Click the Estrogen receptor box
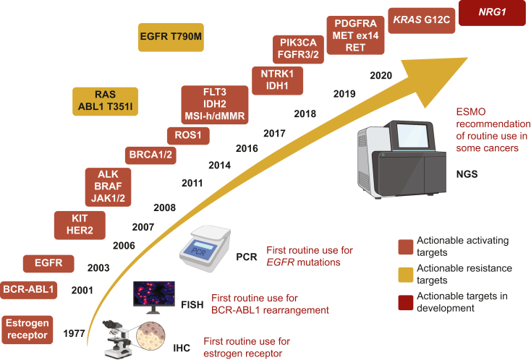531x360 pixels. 27,328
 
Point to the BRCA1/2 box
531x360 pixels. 150,154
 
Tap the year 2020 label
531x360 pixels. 381,75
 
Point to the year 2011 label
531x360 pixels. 192,183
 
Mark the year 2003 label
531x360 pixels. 98,267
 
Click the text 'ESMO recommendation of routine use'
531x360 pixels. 495,129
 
